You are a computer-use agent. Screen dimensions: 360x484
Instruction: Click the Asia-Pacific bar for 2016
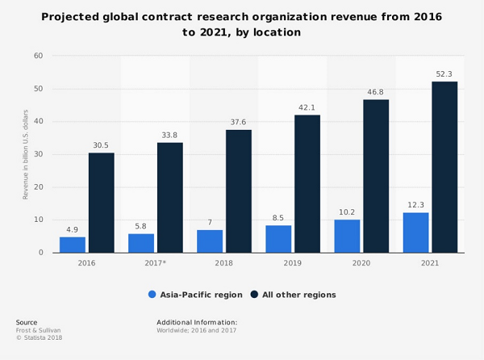73,245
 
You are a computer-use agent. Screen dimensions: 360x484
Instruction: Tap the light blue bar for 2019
278,239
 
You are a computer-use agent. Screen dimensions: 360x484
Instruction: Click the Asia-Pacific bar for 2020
347,236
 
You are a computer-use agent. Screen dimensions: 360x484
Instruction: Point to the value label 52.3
444,74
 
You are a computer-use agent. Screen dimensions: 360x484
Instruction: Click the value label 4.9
73,229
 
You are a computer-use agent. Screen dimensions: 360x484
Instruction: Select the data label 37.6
239,123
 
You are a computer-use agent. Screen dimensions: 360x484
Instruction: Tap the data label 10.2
347,211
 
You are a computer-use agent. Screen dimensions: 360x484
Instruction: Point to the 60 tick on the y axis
38,56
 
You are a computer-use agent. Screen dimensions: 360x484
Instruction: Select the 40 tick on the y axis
38,122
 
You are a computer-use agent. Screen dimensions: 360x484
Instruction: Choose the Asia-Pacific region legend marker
152,295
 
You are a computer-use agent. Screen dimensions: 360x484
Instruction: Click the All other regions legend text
298,295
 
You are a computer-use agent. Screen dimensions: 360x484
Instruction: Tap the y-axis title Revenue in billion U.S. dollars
25,154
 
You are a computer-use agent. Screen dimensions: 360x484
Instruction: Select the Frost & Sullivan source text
38,330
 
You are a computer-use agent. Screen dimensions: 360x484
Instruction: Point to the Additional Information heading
197,322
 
